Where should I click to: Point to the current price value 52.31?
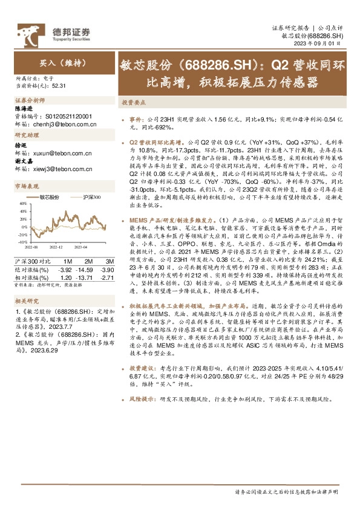(x=59, y=86)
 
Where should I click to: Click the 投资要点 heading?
(x=132, y=103)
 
